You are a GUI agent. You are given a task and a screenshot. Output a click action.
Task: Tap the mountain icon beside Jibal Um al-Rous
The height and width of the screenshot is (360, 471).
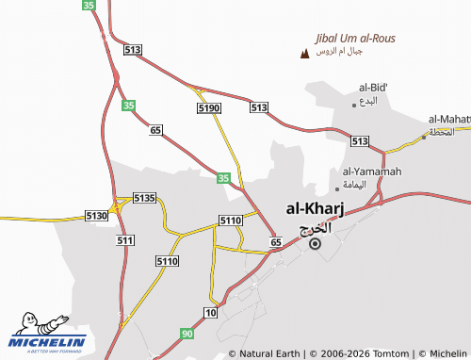(x=303, y=53)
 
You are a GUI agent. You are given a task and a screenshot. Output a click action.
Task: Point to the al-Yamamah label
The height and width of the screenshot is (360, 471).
(x=372, y=171)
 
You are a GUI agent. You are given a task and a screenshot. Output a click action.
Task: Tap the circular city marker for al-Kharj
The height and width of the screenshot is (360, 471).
(x=315, y=243)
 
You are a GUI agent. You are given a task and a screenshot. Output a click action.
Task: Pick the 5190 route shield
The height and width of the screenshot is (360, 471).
(x=209, y=109)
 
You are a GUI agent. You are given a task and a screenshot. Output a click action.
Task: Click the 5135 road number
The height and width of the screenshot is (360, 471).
(x=143, y=197)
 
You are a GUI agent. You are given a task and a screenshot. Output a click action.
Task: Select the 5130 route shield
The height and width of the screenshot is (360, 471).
(x=97, y=216)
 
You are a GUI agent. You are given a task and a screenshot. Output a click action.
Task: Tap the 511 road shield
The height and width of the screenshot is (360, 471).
(x=124, y=241)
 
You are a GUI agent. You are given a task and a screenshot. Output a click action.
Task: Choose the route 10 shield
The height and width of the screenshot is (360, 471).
(x=211, y=312)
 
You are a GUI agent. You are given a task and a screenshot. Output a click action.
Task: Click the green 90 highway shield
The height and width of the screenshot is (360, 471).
(x=187, y=333)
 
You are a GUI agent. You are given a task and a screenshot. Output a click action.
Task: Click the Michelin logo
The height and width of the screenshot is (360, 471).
(x=47, y=335)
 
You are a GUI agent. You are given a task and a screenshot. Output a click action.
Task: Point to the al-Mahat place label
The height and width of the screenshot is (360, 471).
(x=449, y=119)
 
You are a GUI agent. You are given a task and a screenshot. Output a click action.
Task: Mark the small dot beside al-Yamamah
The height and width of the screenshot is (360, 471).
(x=337, y=188)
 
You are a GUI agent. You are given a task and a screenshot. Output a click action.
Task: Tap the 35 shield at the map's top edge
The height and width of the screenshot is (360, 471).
(x=89, y=6)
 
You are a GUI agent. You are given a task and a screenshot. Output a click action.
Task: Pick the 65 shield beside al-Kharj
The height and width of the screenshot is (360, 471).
(x=276, y=243)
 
